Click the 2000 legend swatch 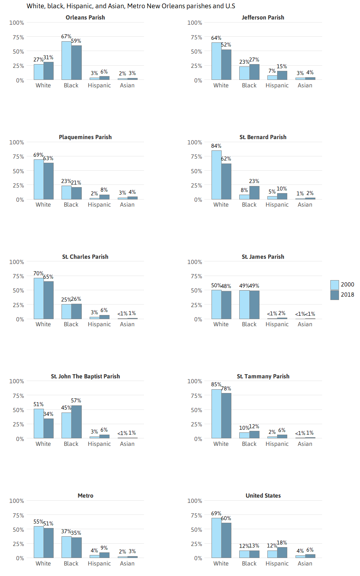[x=334, y=285]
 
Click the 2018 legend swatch [x=334, y=295]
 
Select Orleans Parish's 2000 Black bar [x=66, y=60]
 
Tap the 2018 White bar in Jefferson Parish [x=226, y=64]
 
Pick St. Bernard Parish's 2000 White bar [x=216, y=175]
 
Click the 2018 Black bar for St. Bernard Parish [x=254, y=193]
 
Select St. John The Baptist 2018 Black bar [x=76, y=422]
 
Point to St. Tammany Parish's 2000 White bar [x=216, y=414]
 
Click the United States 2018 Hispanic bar [x=282, y=552]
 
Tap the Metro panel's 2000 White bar [x=39, y=542]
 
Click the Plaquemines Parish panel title [x=85, y=137]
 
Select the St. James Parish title [x=263, y=257]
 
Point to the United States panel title [x=263, y=496]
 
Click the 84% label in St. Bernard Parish [x=216, y=146]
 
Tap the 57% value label [x=76, y=400]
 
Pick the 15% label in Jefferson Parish [x=282, y=66]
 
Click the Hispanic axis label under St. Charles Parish [x=99, y=324]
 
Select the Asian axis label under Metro [x=127, y=564]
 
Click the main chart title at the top [x=131, y=6]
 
